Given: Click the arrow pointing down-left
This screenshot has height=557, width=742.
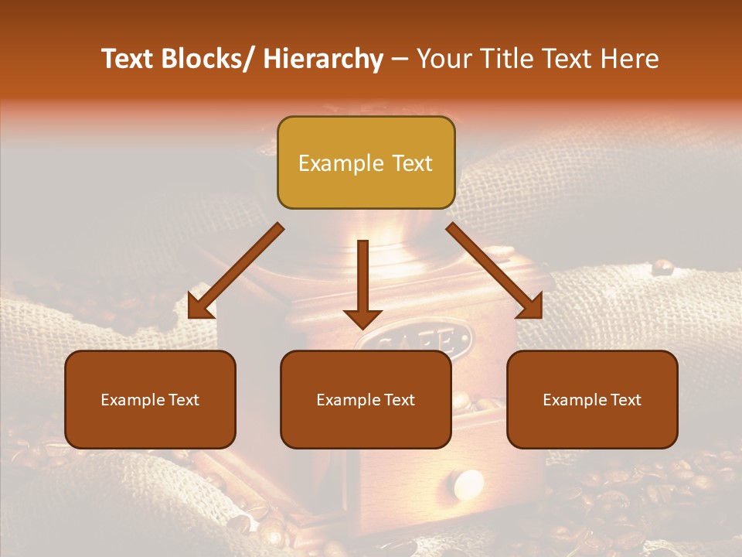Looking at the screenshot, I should point(235,271).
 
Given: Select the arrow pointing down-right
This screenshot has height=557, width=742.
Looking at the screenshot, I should point(495,271).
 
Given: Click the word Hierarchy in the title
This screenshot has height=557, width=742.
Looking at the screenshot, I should point(324,60).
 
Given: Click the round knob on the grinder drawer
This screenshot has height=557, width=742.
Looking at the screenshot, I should point(468,484).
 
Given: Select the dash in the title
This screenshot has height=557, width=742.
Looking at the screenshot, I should point(400,60).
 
